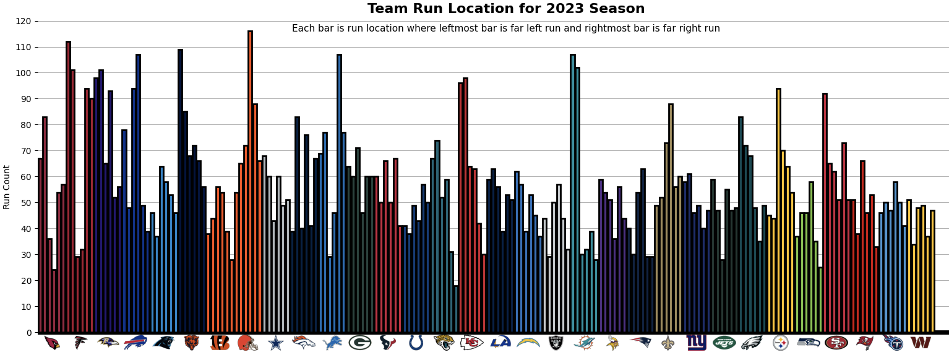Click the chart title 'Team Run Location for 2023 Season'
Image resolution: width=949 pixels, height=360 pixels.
[x=505, y=9]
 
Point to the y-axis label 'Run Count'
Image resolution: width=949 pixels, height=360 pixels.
[x=7, y=187]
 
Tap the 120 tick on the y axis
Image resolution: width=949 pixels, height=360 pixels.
[x=23, y=21]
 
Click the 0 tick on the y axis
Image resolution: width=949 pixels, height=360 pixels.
[x=28, y=333]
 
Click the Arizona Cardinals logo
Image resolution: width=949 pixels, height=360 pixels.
[x=52, y=343]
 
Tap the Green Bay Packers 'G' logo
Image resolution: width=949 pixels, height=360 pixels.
[x=359, y=343]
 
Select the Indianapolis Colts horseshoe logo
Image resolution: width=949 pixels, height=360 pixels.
[x=416, y=343]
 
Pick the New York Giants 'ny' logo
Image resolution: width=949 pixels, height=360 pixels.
[x=696, y=343]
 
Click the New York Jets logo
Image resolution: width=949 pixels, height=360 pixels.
[x=724, y=343]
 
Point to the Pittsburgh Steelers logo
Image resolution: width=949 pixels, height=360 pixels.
[x=781, y=343]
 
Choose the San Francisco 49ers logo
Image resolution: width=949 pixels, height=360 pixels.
[x=836, y=343]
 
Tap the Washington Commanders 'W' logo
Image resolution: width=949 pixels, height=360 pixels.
[x=920, y=343]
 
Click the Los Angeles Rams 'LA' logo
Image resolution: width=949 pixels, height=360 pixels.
[x=500, y=342]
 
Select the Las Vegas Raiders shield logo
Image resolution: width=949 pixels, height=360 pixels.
[x=556, y=343]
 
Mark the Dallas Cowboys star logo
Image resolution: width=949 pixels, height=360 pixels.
[x=275, y=343]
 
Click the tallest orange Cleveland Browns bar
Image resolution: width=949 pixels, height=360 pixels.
[x=250, y=182]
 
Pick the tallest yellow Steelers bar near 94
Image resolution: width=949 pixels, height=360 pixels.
[x=778, y=210]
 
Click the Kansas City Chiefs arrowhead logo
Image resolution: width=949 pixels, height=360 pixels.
[x=471, y=343]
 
